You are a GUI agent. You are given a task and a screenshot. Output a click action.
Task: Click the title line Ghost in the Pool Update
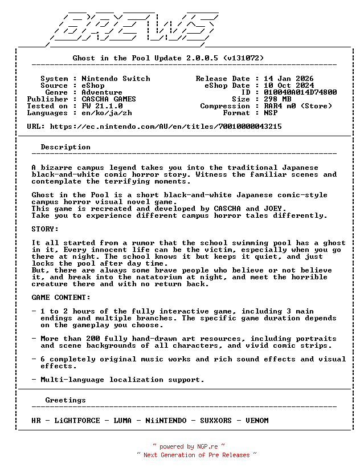[x=168, y=58]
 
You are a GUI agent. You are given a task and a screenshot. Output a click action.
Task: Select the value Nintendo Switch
[x=116, y=79]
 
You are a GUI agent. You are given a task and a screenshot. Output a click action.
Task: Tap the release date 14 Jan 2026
[x=288, y=79]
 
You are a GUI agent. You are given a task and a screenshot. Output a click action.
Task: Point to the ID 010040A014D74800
[x=300, y=92]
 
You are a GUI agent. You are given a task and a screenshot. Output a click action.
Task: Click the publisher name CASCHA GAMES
[x=109, y=99]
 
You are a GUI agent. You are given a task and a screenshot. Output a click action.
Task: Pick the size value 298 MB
[x=277, y=99]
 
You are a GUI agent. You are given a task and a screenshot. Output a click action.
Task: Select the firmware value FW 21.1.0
[x=102, y=106]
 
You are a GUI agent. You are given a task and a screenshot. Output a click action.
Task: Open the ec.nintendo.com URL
[x=166, y=127]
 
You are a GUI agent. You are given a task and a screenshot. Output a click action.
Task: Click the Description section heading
[x=66, y=147]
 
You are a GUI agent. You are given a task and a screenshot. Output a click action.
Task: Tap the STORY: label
[x=45, y=229]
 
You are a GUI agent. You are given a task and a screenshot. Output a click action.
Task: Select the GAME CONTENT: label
[x=61, y=298]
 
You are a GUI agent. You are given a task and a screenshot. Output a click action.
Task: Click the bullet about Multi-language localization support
[x=122, y=380]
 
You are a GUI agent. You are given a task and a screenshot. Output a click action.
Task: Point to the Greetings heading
[x=66, y=400]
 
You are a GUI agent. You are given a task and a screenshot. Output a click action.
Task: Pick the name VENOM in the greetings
[x=257, y=421]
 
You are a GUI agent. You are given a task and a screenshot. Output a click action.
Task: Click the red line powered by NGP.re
[x=189, y=446]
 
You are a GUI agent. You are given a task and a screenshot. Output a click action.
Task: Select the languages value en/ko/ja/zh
[x=107, y=113]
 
